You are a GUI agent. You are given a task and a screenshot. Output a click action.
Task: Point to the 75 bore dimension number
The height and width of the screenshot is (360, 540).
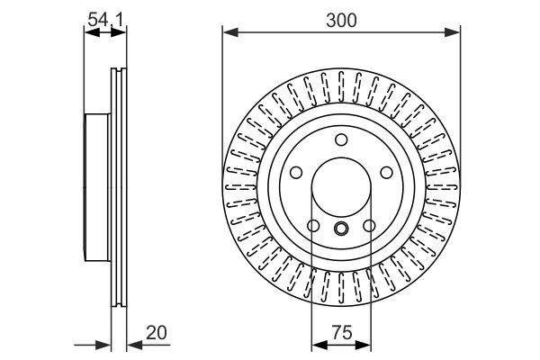tap(340, 332)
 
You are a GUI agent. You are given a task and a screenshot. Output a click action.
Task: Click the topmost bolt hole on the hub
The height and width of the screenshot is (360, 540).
tap(340, 139)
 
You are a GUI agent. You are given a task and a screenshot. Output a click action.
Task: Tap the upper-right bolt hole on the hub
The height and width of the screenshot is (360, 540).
tap(386, 172)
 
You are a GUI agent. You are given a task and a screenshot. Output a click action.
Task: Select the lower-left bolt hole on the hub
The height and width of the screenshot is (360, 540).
tap(312, 225)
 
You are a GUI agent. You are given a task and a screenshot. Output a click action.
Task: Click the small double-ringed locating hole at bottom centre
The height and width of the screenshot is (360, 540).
tap(340, 228)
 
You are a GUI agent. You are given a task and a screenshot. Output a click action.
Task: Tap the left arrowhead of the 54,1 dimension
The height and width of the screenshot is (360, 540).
tap(88, 33)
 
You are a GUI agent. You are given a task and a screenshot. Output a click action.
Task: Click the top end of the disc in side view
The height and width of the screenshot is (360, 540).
tap(117, 70)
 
